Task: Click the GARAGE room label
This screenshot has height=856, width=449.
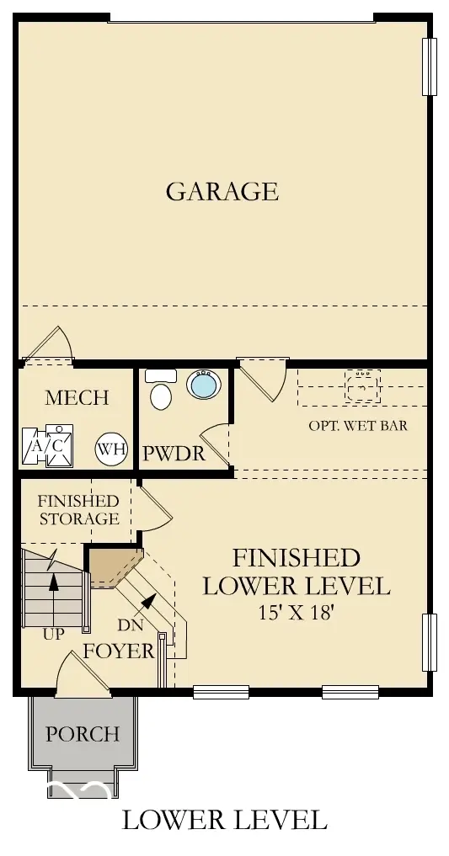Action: (x=222, y=191)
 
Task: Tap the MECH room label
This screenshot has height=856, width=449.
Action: (x=77, y=397)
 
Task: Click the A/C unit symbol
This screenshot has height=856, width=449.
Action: (x=47, y=447)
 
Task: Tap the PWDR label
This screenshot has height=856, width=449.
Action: (x=174, y=454)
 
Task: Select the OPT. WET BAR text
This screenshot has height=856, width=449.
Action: (x=358, y=425)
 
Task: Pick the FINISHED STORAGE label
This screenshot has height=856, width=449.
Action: (x=78, y=509)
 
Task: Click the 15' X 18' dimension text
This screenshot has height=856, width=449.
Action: (x=296, y=612)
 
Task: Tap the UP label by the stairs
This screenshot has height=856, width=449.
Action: (x=53, y=634)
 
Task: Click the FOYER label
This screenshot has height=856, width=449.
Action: (x=118, y=651)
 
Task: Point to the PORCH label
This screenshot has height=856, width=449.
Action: (x=83, y=734)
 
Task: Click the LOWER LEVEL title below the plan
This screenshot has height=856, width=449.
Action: (x=224, y=819)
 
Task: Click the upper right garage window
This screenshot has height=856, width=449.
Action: (x=430, y=66)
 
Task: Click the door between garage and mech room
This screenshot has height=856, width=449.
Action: (x=51, y=347)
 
